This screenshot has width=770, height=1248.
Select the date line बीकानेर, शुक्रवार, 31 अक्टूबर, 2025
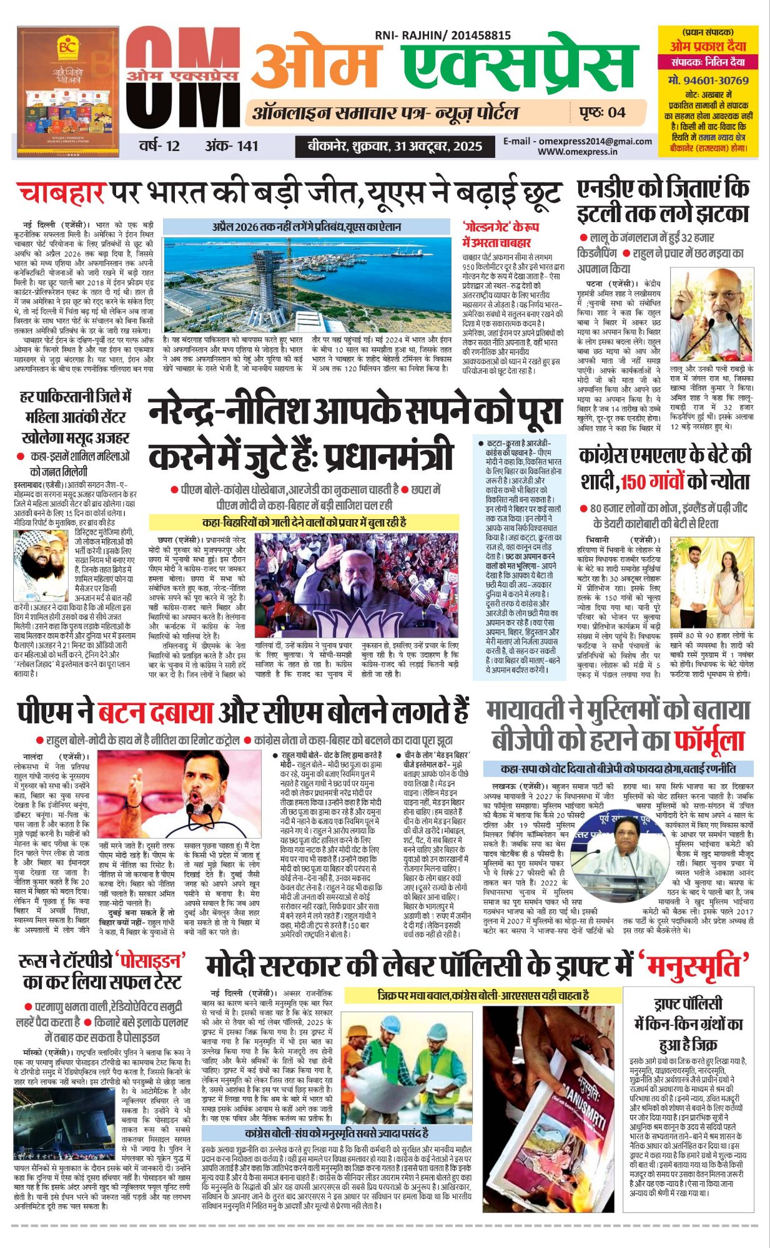[x=395, y=147]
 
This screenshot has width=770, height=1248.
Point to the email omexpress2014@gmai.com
[x=578, y=142]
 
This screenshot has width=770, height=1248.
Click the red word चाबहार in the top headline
[x=61, y=193]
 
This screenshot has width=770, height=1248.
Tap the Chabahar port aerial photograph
[x=306, y=284]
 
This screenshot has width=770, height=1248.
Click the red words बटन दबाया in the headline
[x=155, y=712]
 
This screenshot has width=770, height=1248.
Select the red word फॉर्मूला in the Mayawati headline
[x=709, y=741]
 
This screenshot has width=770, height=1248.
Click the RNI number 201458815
[x=474, y=36]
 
